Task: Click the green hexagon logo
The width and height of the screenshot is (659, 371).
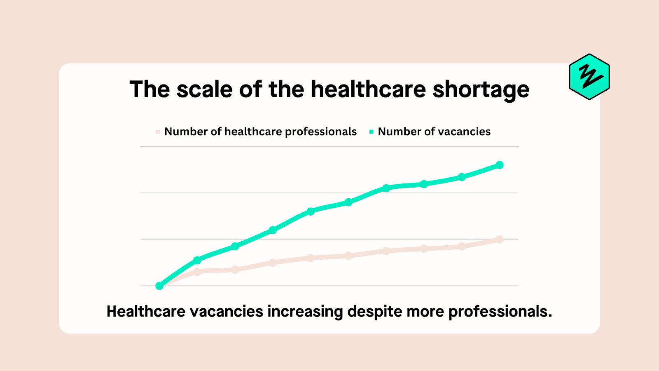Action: pyautogui.click(x=589, y=77)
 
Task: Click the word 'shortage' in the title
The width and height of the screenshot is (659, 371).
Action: pyautogui.click(x=481, y=89)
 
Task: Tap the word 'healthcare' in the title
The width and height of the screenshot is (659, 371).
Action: pyautogui.click(x=368, y=89)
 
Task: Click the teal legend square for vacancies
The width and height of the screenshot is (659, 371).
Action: pyautogui.click(x=371, y=132)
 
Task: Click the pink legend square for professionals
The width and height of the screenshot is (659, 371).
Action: pyautogui.click(x=158, y=132)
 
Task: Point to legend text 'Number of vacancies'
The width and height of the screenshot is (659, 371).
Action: pyautogui.click(x=434, y=132)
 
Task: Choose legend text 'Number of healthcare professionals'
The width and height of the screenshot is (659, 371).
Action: pyautogui.click(x=260, y=132)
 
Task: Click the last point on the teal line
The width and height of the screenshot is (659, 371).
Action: pyautogui.click(x=500, y=165)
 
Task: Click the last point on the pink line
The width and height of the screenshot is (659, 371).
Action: pyautogui.click(x=500, y=240)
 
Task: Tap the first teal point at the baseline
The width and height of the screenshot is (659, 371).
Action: pyautogui.click(x=159, y=286)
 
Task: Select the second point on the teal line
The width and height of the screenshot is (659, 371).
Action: pyautogui.click(x=197, y=260)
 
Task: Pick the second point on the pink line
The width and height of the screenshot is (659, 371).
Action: pyautogui.click(x=197, y=272)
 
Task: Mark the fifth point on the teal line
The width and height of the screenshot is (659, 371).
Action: pyautogui.click(x=311, y=211)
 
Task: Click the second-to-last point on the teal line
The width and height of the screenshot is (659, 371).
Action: pyautogui.click(x=462, y=177)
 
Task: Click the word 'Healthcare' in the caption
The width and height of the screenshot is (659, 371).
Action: pyautogui.click(x=146, y=312)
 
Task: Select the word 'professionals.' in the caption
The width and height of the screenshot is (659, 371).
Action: pyautogui.click(x=500, y=312)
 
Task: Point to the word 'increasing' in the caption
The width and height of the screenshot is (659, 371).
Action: pyautogui.click(x=305, y=312)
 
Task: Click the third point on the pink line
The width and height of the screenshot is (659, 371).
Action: pyautogui.click(x=235, y=270)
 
